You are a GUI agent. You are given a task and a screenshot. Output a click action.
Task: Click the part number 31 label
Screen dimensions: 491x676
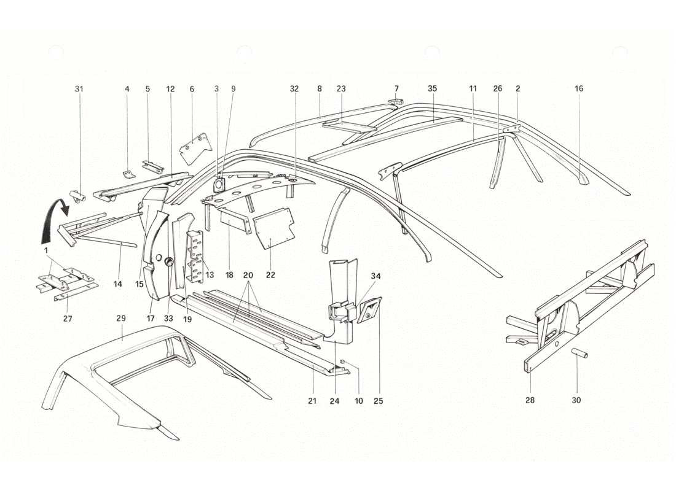coord(79,89)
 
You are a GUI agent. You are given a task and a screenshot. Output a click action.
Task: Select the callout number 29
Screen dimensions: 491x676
coord(121,319)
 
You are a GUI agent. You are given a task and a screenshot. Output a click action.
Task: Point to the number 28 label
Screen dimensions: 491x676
coord(530,400)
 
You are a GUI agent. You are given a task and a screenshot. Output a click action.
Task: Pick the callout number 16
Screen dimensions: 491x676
coord(579,89)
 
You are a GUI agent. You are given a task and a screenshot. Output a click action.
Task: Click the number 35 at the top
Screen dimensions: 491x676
coord(432,89)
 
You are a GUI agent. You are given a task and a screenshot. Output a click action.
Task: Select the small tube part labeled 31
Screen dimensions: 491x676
coord(78,196)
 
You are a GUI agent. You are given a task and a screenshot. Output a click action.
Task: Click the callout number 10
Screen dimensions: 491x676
coord(359,401)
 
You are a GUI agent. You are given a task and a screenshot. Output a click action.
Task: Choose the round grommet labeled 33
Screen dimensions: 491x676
coord(167,263)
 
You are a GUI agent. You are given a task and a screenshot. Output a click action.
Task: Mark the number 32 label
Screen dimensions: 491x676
coord(294,89)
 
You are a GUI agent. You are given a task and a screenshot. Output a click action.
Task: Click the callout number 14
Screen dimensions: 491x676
coord(117,284)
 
